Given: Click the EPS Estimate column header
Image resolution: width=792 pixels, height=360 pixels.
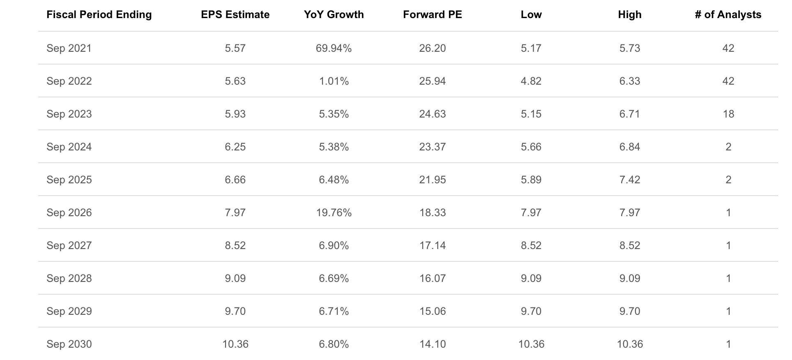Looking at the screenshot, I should pos(235,15).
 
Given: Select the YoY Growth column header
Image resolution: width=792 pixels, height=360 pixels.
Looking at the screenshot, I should pos(334,15).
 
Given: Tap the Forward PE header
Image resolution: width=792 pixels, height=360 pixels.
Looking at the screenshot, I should pos(432,15).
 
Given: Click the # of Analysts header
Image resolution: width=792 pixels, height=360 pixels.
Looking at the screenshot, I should pos(728,15).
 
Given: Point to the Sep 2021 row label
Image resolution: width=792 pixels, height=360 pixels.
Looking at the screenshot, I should pos(69,48).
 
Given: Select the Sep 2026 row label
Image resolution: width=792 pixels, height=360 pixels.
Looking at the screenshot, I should pos(69,213).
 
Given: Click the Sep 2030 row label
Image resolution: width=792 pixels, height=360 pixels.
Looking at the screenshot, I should pos(69,344).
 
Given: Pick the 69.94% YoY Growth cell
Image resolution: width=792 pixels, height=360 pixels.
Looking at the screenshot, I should pos(334,48).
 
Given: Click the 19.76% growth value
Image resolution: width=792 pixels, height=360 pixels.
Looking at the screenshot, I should pos(334,213).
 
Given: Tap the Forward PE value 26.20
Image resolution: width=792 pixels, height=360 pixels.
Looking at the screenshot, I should pos(432,48).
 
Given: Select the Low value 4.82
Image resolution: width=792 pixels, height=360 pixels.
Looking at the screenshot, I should pos(531,81).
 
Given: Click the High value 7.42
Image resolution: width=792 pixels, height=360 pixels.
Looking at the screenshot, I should pos(629,180).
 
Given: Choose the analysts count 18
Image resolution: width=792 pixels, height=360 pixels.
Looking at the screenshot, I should pos(728,114).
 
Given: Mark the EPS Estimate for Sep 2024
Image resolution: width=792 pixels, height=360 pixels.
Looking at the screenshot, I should pos(235,147).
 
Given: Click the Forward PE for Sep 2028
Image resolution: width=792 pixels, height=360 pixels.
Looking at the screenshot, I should pos(432,279).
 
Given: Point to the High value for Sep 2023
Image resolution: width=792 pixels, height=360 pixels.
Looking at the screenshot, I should pos(629,114).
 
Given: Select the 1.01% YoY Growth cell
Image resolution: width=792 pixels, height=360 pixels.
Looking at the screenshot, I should pos(334,81).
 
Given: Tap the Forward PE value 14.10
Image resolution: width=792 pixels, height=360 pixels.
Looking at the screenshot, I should pos(432,344).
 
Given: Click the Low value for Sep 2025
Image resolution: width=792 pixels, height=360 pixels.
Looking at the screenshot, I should pos(531,180).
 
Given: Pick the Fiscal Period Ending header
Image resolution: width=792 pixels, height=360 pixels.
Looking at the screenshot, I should pos(99,15).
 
